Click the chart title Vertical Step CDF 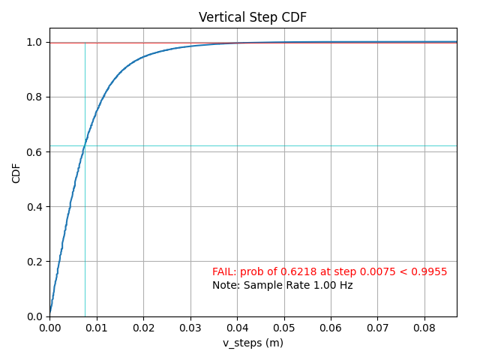[253, 17]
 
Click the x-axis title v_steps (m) [253, 343]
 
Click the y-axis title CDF [16, 172]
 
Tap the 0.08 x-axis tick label [424, 328]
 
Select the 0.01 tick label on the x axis [96, 328]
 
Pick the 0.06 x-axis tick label [331, 328]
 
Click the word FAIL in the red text [224, 272]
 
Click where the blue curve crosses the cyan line [84, 145]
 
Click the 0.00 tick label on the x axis [49, 328]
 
